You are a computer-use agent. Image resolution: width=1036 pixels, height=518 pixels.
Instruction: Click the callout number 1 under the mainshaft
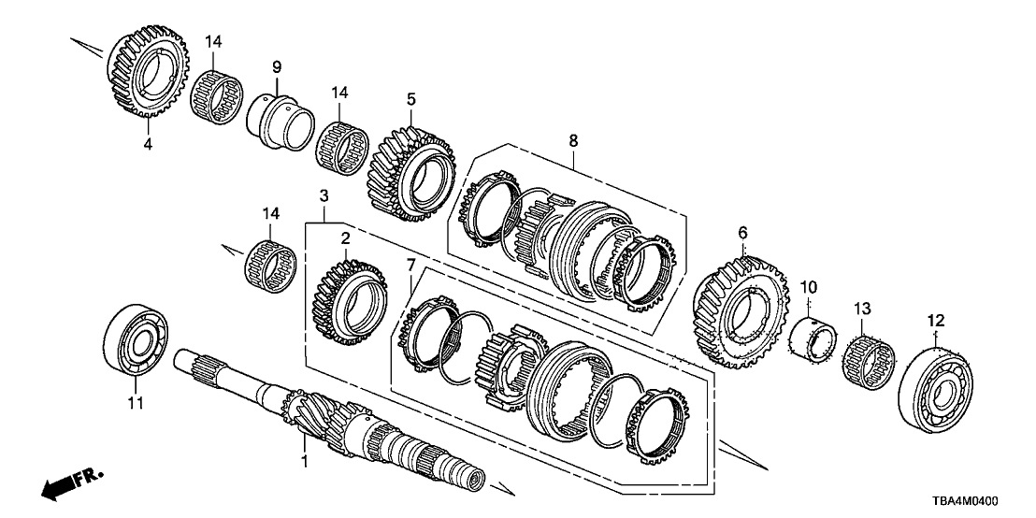coord(303,462)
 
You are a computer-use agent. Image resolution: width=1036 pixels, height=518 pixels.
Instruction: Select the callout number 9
coord(277,66)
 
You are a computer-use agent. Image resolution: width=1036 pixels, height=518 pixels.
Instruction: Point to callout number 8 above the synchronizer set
coord(573,140)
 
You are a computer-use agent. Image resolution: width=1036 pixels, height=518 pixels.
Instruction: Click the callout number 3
coord(324,196)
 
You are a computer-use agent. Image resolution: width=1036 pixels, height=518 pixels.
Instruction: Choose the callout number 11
coord(133,403)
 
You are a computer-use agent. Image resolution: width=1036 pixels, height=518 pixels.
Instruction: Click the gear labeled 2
coord(347,294)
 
